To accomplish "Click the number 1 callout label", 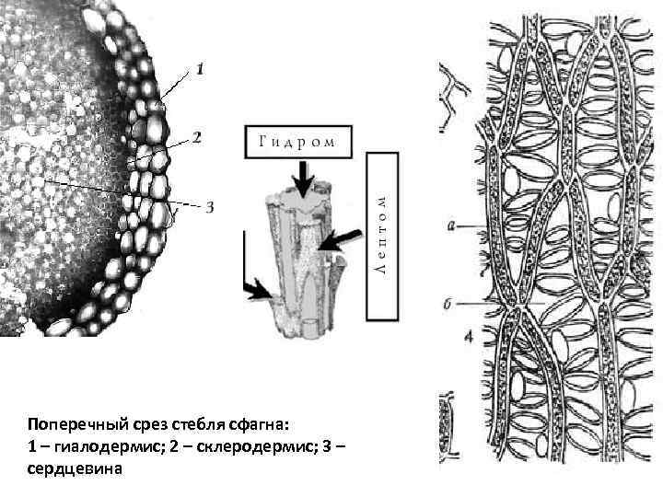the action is point(201,68).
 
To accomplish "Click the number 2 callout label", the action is point(196,138).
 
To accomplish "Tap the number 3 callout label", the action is point(209,206).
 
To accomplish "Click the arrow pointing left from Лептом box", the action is point(336,237).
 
